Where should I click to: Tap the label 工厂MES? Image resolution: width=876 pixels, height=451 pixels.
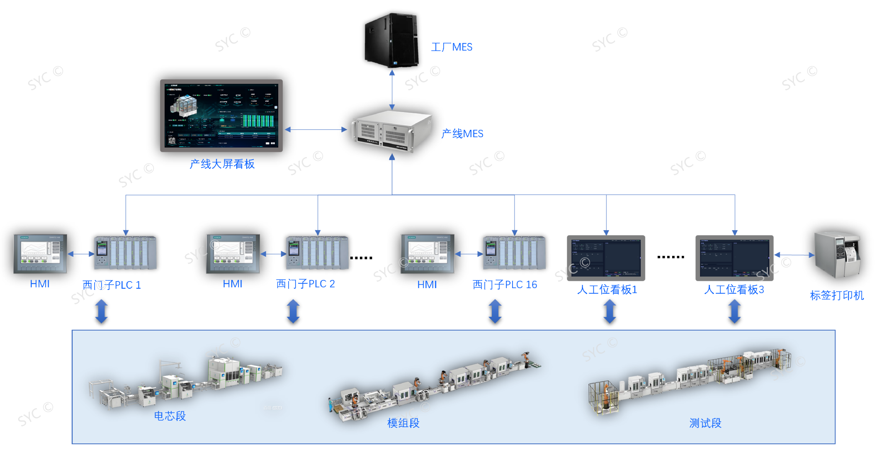pos(452,47)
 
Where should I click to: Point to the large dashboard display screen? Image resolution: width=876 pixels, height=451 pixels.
pos(221,116)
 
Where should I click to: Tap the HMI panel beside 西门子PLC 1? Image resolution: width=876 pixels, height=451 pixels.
pos(40,254)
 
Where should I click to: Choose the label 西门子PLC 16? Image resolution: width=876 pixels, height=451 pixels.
pos(505,285)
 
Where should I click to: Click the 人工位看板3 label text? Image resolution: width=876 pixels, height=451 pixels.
pos(734,290)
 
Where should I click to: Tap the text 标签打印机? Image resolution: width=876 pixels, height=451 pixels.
pos(837,295)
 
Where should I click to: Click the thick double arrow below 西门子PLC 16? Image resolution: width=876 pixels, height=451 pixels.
pos(495,311)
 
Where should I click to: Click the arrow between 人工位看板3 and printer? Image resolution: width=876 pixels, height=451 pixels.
pos(794,255)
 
